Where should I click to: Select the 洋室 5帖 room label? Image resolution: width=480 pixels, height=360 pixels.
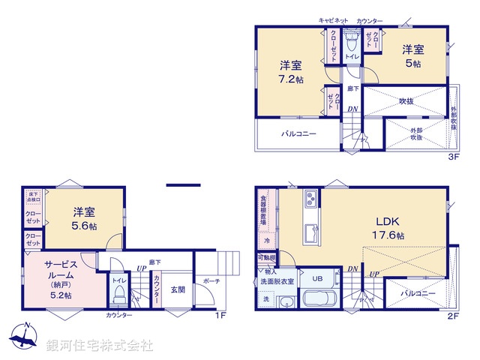pyautogui.click(x=412, y=57)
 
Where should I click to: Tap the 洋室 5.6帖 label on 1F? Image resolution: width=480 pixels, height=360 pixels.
pyautogui.click(x=84, y=218)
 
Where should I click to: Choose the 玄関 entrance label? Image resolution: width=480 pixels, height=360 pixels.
pyautogui.click(x=177, y=289)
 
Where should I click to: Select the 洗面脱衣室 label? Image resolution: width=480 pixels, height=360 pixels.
pyautogui.click(x=274, y=280)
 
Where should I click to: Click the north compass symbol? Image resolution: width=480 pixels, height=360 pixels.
pyautogui.click(x=25, y=339)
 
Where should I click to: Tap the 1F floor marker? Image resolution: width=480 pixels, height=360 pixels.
pyautogui.click(x=220, y=316)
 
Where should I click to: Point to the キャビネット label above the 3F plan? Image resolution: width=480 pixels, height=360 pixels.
pyautogui.click(x=334, y=20)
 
